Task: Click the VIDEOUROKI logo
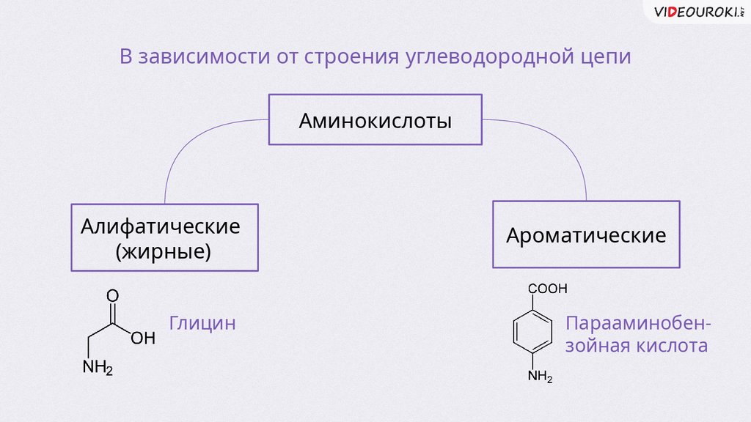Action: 697,12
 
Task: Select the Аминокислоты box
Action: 375,119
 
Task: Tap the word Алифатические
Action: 161,226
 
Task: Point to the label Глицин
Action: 202,323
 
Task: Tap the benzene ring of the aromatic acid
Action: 530,333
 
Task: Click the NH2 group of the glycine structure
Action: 98,367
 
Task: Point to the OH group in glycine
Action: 143,338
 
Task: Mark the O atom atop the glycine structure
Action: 112,295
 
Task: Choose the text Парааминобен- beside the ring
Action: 638,323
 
